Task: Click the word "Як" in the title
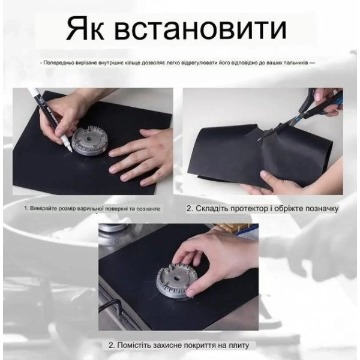tap(85, 29)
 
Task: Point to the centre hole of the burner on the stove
tap(176, 278)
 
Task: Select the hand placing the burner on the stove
tap(214, 257)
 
